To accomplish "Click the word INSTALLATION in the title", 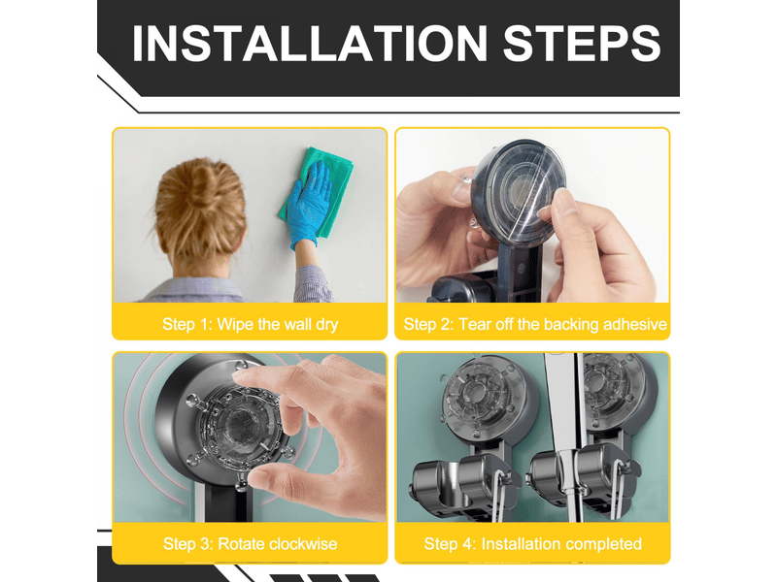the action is [310, 44].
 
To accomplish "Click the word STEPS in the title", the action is [582, 44].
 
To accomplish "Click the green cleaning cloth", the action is [318, 190].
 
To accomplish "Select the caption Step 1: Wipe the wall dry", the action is [251, 324].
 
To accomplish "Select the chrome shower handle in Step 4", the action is [564, 436].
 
